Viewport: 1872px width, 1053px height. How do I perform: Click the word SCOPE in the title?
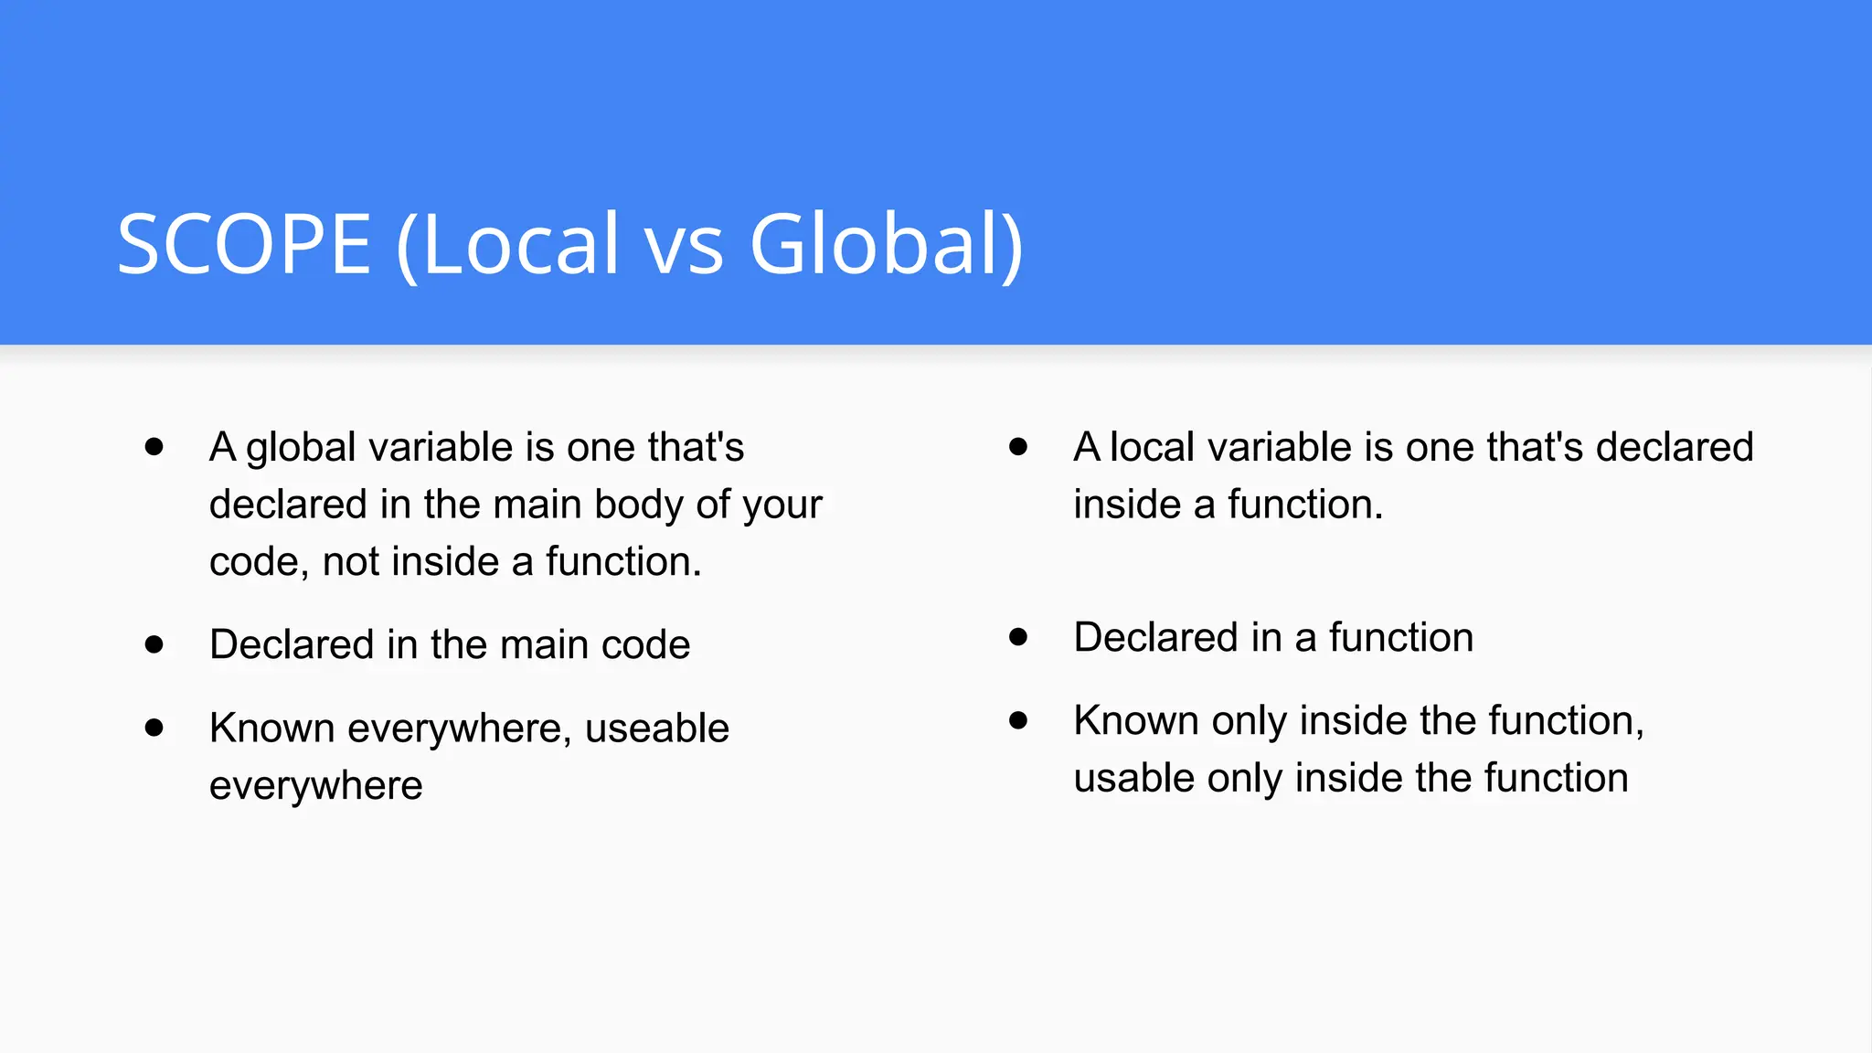244,244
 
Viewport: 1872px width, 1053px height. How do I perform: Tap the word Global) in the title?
886,244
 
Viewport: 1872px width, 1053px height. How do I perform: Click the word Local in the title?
521,244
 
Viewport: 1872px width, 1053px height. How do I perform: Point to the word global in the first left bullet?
301,449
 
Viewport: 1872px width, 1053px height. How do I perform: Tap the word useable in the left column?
656,729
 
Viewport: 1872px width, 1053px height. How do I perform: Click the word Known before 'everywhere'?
271,729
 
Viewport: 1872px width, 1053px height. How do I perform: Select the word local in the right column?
1152,448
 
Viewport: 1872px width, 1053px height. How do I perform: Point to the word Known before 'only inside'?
1136,721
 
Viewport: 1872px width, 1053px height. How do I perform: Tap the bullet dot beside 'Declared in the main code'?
154,645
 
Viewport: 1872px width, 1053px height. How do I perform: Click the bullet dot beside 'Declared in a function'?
1018,637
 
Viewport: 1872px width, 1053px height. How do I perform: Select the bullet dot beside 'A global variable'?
154,447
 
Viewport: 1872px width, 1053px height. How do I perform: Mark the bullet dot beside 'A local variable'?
1018,447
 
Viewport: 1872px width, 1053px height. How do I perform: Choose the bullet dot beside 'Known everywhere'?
154,729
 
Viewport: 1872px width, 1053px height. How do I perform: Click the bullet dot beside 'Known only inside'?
1018,720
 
